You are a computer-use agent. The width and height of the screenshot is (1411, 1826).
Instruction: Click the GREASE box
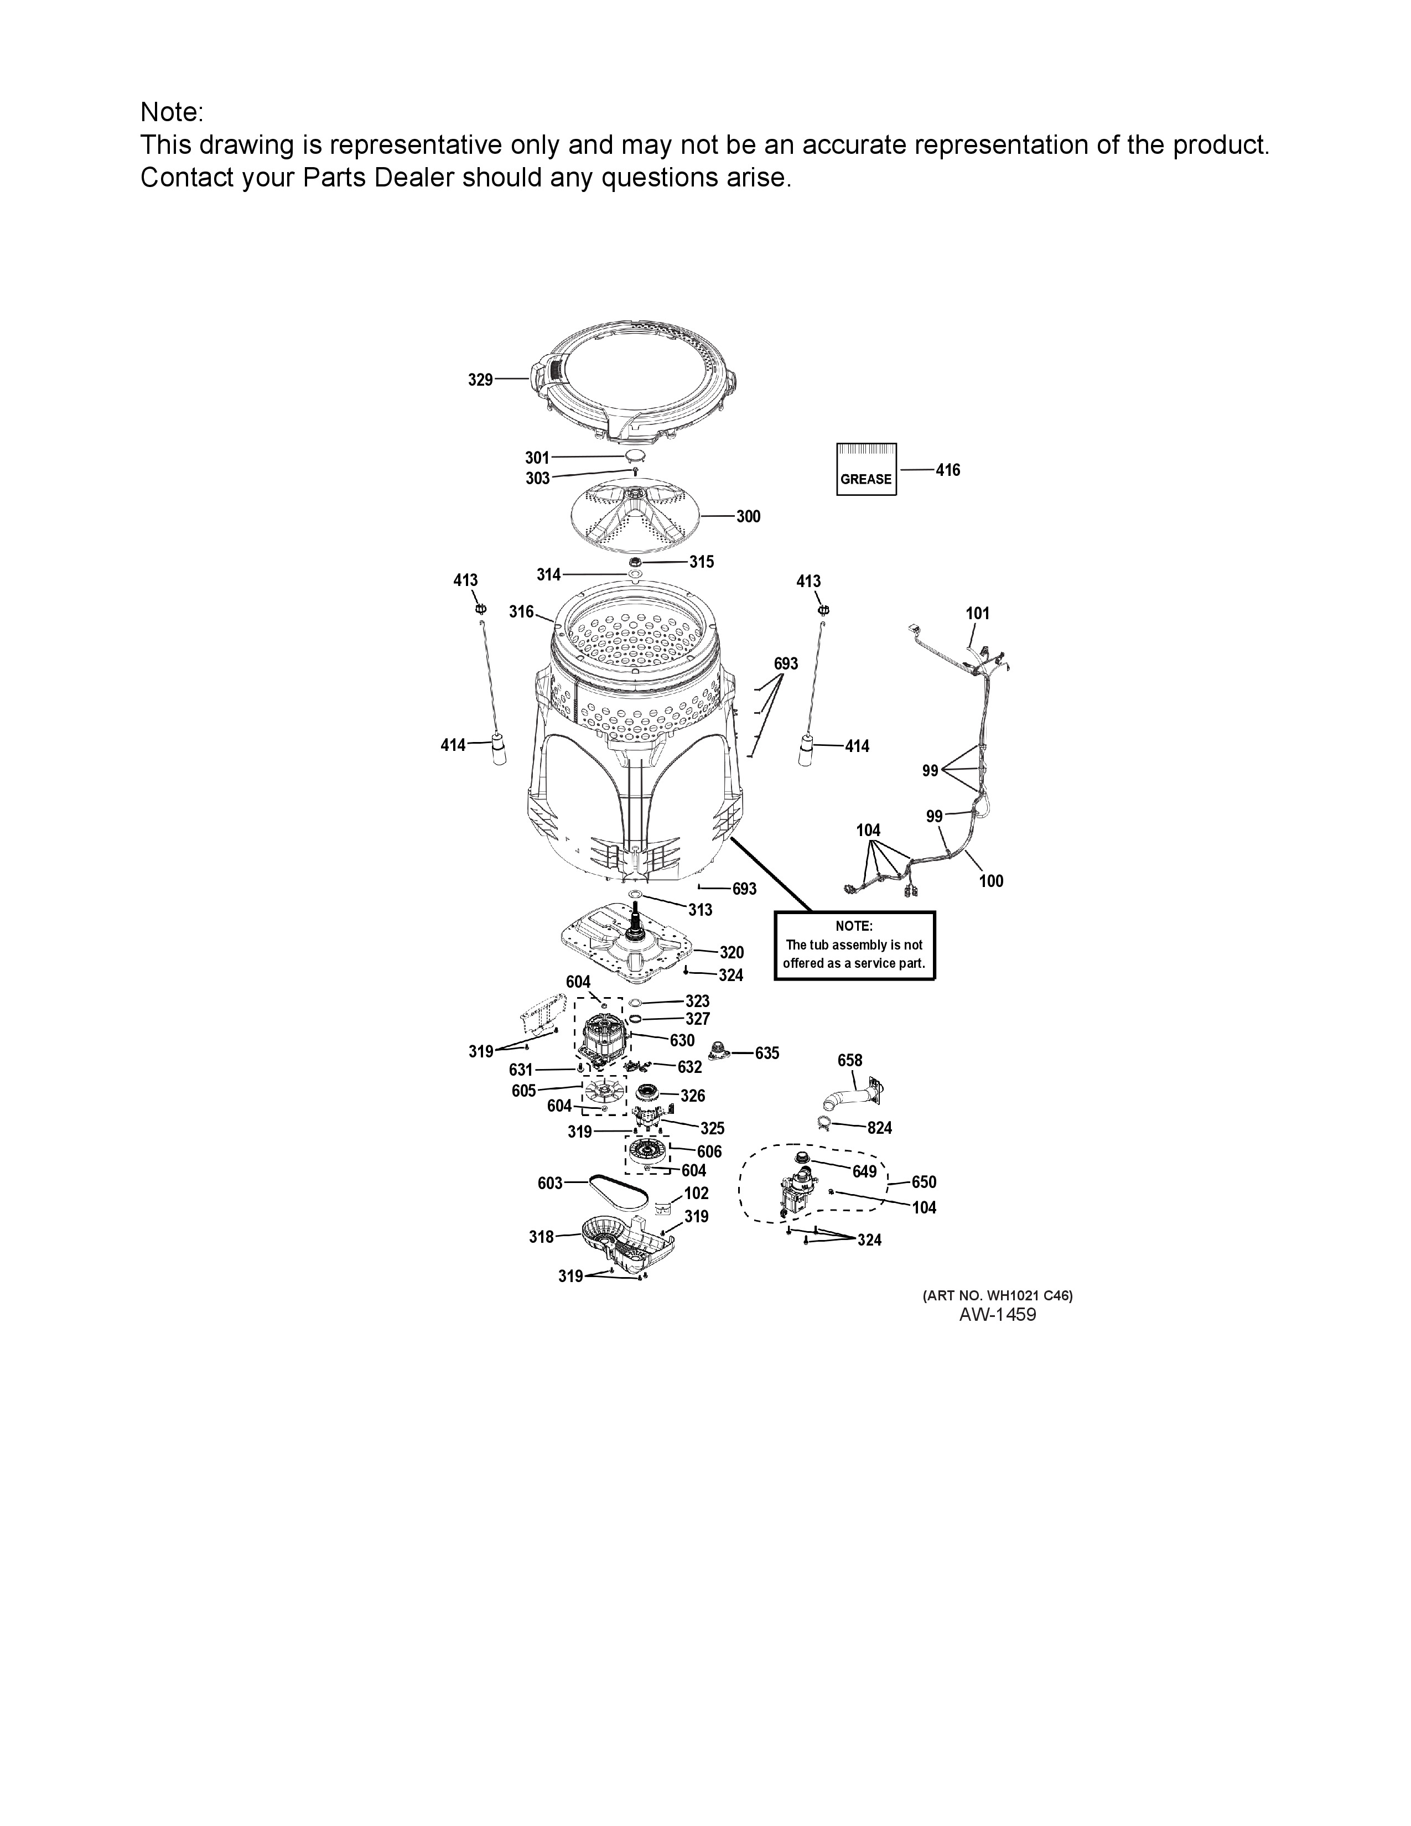pyautogui.click(x=866, y=469)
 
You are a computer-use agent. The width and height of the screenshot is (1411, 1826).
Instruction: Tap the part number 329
pyautogui.click(x=480, y=381)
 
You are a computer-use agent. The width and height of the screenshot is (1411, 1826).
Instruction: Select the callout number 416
pyautogui.click(x=948, y=470)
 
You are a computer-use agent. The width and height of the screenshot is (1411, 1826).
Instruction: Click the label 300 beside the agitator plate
pyautogui.click(x=748, y=517)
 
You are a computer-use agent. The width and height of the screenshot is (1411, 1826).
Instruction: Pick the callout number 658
pyautogui.click(x=850, y=1060)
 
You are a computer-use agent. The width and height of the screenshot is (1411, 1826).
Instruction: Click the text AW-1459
pyautogui.click(x=997, y=1314)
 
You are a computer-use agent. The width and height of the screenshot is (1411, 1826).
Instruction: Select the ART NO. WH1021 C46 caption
pyautogui.click(x=997, y=1295)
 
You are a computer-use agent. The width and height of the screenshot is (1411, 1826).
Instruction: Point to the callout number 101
pyautogui.click(x=977, y=613)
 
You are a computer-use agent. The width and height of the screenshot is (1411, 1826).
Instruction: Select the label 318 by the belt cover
pyautogui.click(x=542, y=1237)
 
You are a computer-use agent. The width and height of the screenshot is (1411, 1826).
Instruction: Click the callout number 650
pyautogui.click(x=924, y=1182)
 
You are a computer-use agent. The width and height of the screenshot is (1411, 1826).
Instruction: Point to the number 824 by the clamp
pyautogui.click(x=879, y=1128)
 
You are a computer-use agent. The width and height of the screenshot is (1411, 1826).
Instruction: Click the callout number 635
pyautogui.click(x=767, y=1054)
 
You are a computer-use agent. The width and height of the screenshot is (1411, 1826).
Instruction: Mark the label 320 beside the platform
pyautogui.click(x=732, y=952)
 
